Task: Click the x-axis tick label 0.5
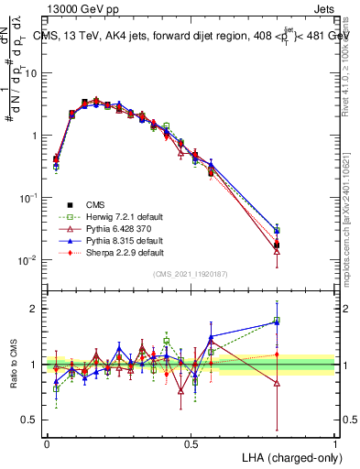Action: point(191,443)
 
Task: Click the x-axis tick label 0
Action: point(47,443)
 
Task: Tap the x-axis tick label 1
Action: point(334,443)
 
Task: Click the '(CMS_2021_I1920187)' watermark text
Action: point(191,274)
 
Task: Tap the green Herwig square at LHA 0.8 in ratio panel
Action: point(277,321)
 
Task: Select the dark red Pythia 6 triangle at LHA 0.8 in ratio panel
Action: point(277,383)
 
